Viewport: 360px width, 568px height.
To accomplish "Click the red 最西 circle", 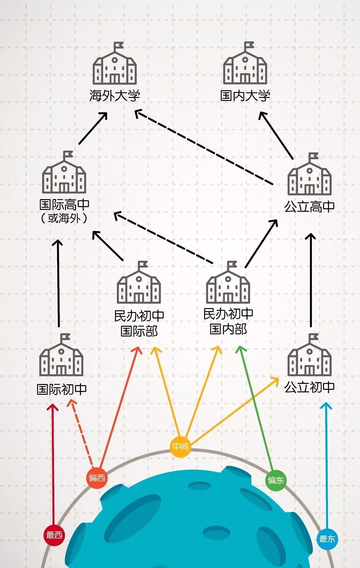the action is [x=54, y=535].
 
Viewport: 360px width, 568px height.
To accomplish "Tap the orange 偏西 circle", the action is [x=97, y=478].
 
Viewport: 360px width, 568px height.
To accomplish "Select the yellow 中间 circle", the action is [x=180, y=447].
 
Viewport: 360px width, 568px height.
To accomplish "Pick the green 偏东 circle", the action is [x=275, y=480].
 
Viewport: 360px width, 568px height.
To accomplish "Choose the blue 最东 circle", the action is [x=327, y=539].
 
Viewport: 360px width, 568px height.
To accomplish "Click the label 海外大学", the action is [x=115, y=95].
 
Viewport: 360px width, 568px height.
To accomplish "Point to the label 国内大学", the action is [x=245, y=95].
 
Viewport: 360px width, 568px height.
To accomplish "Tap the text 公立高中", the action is [x=309, y=207].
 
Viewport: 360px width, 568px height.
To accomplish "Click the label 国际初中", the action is [x=62, y=389].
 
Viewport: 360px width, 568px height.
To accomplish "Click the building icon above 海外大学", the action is [x=115, y=64].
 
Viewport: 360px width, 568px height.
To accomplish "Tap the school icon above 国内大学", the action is [x=245, y=64].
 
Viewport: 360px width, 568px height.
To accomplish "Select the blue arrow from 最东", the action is [x=326, y=467].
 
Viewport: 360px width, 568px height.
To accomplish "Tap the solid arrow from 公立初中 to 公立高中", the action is [x=311, y=281].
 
